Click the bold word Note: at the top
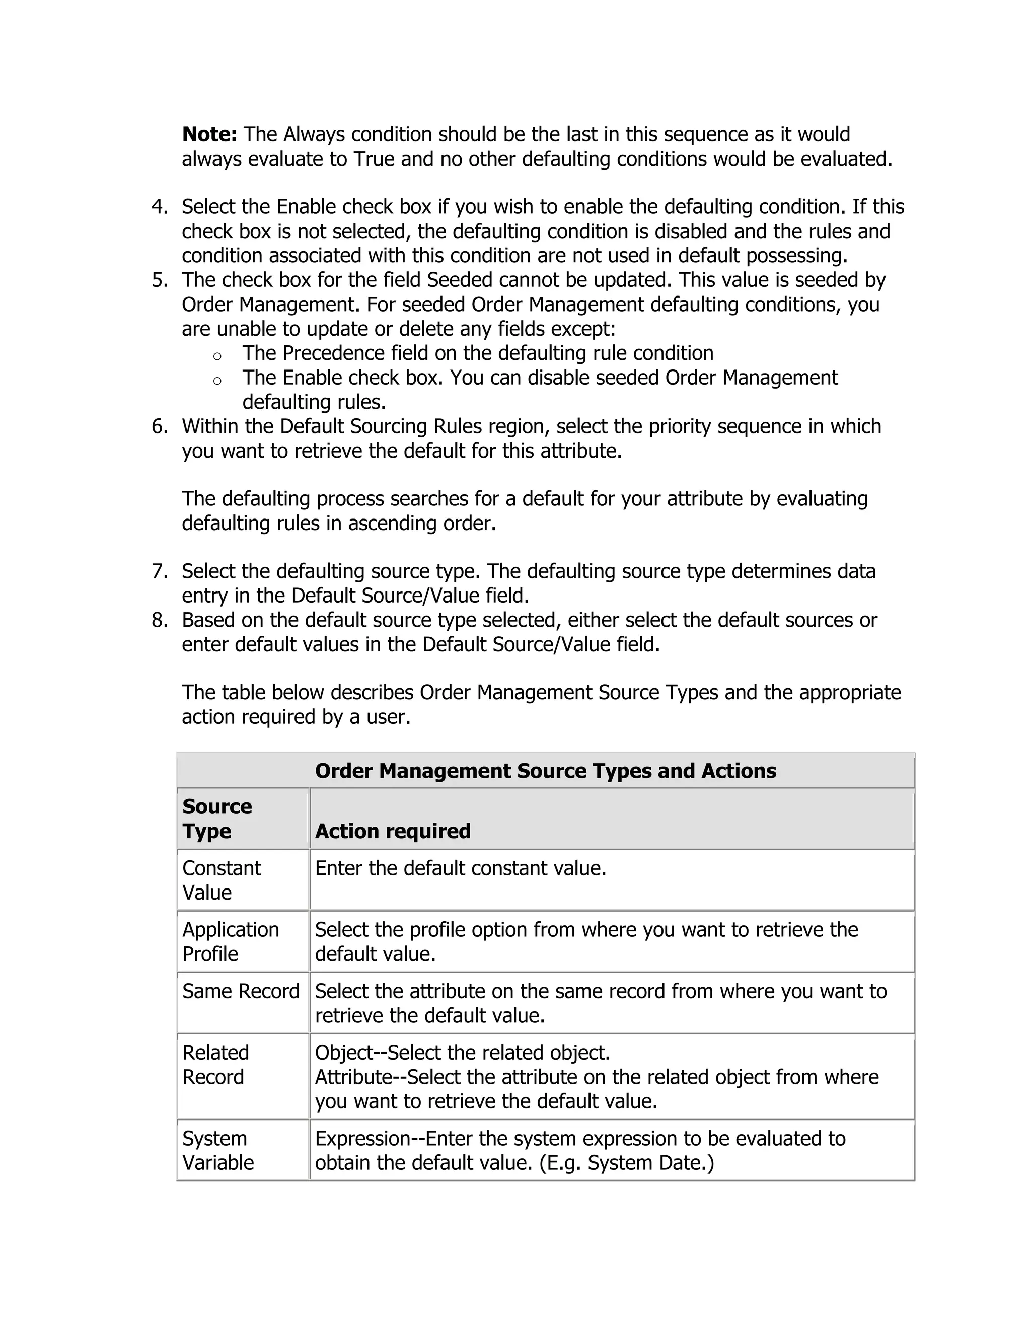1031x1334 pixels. (209, 134)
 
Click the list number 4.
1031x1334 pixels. (160, 207)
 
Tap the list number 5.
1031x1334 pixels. (160, 280)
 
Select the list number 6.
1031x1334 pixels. (160, 426)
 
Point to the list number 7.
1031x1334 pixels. (160, 572)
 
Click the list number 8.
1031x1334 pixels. (160, 621)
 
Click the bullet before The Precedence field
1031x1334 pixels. (217, 356)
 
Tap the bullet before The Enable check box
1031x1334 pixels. (217, 381)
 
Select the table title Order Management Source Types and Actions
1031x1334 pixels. (545, 771)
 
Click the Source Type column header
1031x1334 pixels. (217, 819)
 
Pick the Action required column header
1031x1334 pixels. (393, 831)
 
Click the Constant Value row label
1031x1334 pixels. (221, 880)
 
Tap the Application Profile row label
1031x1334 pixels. (230, 942)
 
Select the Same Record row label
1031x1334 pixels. (241, 991)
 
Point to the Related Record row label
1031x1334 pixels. (215, 1065)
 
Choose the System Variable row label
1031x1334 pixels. (217, 1151)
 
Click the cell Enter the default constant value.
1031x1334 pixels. (461, 868)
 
